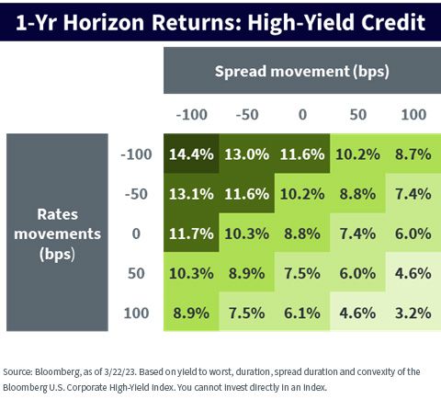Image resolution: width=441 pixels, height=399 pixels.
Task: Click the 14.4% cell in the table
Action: point(191,154)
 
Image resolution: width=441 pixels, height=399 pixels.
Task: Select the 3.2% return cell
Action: point(413,313)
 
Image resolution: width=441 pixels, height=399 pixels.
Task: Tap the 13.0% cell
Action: point(247,154)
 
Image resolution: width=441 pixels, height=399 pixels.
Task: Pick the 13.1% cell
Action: point(191,193)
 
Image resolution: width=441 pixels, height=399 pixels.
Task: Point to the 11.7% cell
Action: point(191,234)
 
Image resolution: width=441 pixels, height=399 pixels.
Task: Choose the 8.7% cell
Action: point(413,154)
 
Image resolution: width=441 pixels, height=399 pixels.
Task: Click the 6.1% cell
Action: point(302,313)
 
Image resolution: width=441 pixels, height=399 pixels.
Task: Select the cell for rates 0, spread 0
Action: point(302,234)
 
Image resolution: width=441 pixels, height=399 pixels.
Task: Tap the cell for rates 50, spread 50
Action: point(357,273)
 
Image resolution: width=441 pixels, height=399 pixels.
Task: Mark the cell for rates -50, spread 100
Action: point(413,193)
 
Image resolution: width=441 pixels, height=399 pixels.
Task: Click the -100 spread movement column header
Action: point(192,115)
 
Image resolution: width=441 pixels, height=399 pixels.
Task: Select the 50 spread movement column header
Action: point(358,115)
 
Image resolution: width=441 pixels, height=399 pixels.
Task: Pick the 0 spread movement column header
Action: point(302,115)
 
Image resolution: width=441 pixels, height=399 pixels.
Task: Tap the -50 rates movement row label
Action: point(136,194)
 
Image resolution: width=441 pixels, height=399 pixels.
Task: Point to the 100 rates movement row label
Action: point(136,313)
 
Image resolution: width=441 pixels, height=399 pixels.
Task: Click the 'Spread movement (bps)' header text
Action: point(302,72)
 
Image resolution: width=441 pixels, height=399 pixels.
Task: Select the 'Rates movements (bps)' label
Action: point(57,234)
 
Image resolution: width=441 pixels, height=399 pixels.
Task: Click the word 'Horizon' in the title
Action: point(104,22)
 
